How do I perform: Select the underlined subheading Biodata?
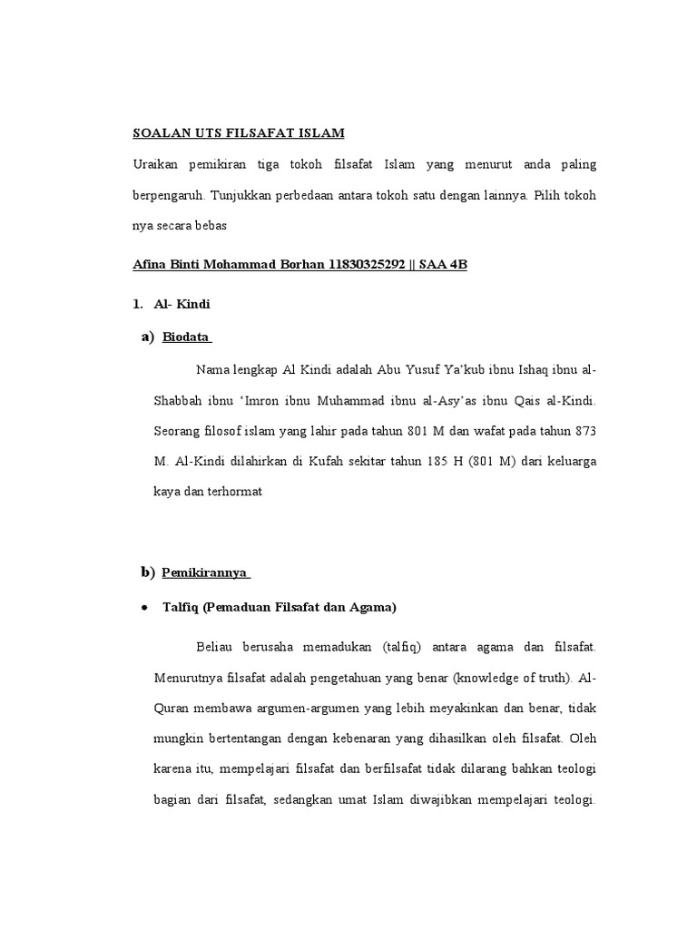(186, 338)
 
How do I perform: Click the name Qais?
(531, 399)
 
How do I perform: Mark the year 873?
(585, 429)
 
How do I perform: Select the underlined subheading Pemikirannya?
(205, 573)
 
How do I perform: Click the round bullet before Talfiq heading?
(145, 607)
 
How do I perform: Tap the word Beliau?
(214, 646)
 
